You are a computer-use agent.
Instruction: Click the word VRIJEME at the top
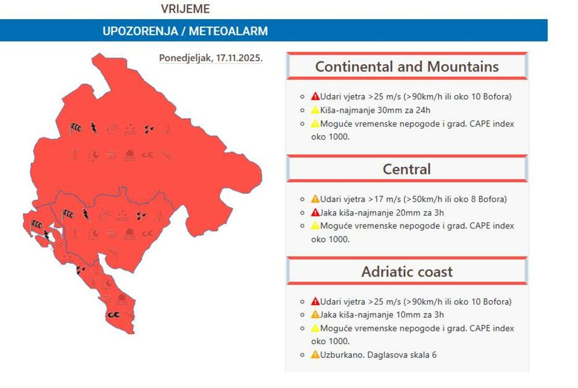point(185,9)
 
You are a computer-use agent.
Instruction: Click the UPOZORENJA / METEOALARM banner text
point(185,31)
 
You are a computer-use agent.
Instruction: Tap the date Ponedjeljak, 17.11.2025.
point(211,58)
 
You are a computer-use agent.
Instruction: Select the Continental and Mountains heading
point(406,66)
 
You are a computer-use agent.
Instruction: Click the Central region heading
point(406,169)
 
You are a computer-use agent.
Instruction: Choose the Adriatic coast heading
point(406,271)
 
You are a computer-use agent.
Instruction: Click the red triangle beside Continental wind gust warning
point(315,96)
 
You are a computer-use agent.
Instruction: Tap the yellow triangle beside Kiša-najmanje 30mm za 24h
point(315,110)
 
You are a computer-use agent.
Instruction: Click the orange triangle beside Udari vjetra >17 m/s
point(315,199)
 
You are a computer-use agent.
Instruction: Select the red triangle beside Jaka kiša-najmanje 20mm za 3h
point(315,212)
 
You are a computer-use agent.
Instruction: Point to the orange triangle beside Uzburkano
point(315,355)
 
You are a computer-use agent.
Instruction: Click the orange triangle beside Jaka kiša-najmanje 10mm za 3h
point(315,315)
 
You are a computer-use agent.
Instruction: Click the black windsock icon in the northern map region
point(76,128)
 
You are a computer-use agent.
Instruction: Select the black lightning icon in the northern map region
point(93,128)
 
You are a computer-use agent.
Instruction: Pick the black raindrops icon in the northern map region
point(149,129)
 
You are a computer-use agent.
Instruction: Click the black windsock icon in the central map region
point(68,215)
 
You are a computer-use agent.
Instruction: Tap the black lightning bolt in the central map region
point(86,215)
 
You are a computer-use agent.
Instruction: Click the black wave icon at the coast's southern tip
point(113,315)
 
